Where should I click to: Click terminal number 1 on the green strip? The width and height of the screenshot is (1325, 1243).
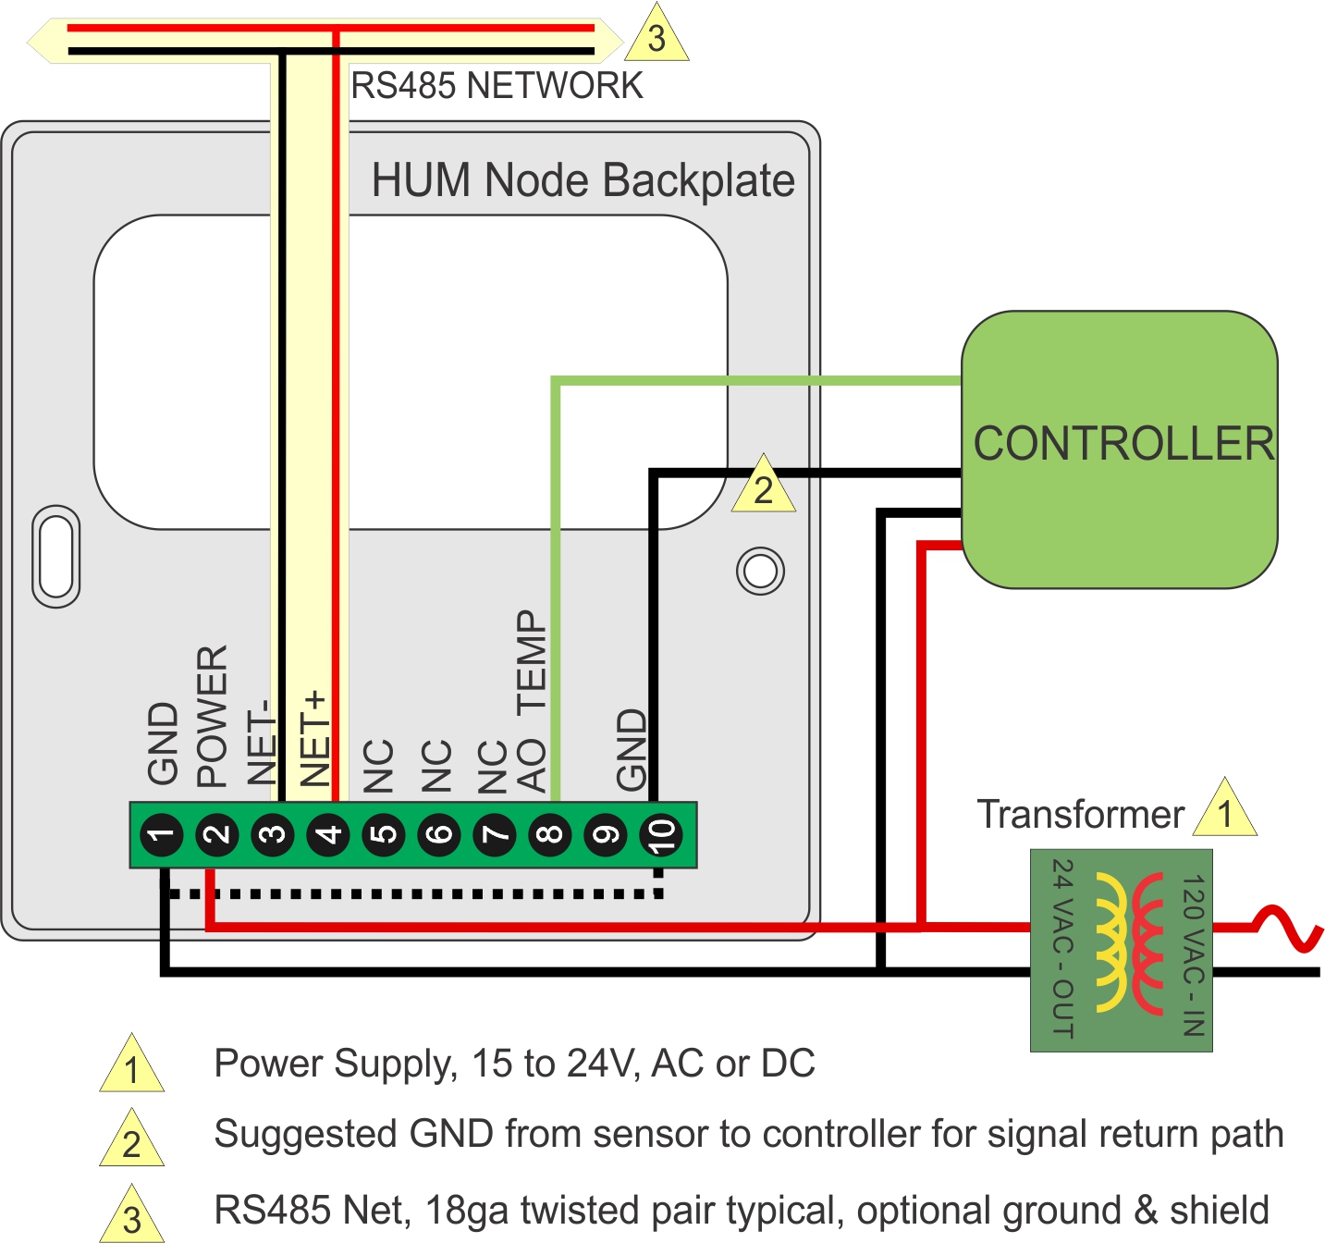162,835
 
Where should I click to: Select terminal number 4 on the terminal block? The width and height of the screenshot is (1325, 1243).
328,835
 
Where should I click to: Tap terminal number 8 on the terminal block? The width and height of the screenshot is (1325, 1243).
550,835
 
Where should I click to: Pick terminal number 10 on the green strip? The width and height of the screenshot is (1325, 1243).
661,835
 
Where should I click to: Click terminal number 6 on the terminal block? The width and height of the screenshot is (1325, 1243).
439,835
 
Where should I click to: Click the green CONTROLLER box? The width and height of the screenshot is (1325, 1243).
1119,449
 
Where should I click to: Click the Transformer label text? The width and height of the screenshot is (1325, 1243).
1080,815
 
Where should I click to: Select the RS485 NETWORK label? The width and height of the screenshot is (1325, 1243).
497,86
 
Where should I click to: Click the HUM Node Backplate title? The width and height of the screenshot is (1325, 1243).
583,179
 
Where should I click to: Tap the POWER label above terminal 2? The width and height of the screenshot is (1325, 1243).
212,717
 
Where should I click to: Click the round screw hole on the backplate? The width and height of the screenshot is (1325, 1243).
760,572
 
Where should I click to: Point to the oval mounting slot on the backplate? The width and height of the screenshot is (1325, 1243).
55,556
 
